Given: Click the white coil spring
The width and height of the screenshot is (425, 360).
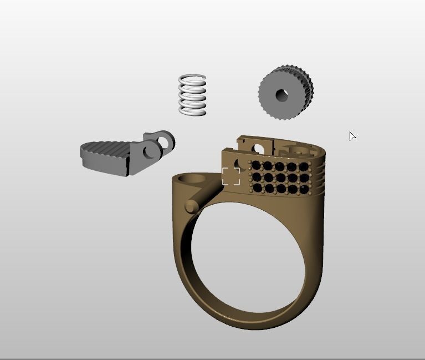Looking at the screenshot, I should tap(192, 95).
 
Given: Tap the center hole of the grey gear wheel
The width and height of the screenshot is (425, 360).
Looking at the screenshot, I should tap(281, 95).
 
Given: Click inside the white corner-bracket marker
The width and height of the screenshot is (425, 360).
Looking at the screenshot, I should tap(231, 176).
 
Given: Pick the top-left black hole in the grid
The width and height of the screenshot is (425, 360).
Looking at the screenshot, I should tap(256, 166).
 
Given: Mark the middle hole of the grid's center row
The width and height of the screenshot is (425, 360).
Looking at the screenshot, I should tap(280, 178).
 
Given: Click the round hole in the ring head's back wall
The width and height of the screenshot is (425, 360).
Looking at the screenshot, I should tap(257, 148).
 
